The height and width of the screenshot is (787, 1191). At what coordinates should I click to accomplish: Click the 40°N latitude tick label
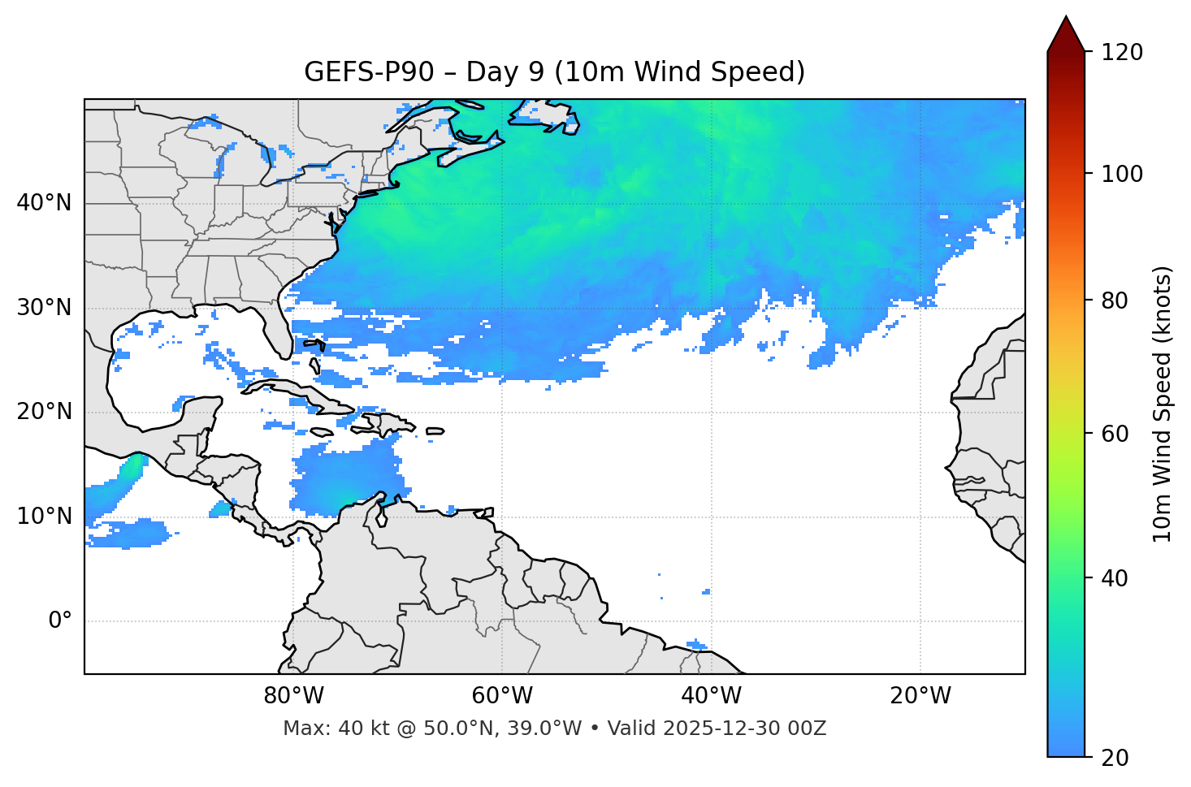pyautogui.click(x=44, y=203)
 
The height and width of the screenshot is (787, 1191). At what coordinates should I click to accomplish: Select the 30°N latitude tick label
pyautogui.click(x=44, y=308)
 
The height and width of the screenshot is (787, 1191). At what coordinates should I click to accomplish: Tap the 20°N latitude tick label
pyautogui.click(x=44, y=412)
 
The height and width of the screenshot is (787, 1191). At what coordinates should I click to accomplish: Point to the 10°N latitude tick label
pyautogui.click(x=44, y=517)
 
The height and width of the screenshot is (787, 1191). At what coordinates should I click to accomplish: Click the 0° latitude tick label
pyautogui.click(x=59, y=621)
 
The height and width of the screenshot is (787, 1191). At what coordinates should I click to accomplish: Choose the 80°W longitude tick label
pyautogui.click(x=293, y=696)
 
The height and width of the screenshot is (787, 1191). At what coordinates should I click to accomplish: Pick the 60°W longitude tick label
pyautogui.click(x=502, y=696)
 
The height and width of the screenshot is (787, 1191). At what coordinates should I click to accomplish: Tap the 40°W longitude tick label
pyautogui.click(x=711, y=696)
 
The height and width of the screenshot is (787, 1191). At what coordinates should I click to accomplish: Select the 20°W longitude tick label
pyautogui.click(x=920, y=696)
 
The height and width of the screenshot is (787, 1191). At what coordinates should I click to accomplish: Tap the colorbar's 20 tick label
pyautogui.click(x=1115, y=758)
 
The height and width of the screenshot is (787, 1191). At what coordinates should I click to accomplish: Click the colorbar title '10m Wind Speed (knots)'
pyautogui.click(x=1163, y=404)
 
